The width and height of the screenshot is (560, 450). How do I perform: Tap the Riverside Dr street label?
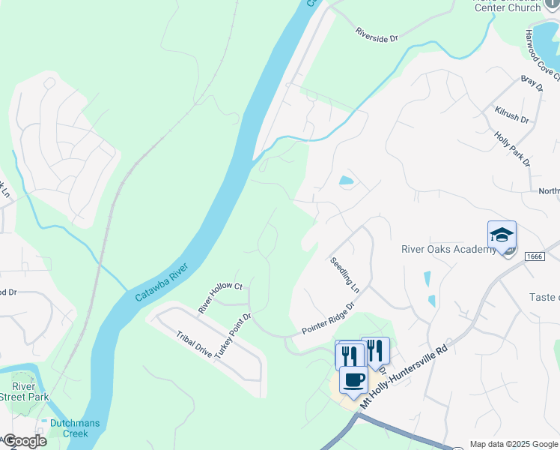[x=377, y=34]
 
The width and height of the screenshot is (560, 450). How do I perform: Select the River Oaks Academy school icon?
[x=502, y=235]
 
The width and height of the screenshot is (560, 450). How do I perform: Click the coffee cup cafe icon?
[x=353, y=379]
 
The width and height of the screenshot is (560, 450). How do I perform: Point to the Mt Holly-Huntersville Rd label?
[x=404, y=373]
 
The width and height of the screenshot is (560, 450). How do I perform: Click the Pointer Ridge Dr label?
[x=327, y=319]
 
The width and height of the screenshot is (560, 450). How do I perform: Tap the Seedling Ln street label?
[x=345, y=275]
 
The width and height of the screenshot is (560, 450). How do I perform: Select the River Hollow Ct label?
[x=220, y=298]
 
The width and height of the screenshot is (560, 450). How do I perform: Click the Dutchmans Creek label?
[x=75, y=428]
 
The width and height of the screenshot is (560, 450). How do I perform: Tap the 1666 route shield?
[x=534, y=256]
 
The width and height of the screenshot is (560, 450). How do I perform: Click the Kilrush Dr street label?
[x=511, y=115]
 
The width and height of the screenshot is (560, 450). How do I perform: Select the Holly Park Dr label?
[x=513, y=148]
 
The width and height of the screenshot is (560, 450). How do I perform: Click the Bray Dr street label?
[x=532, y=82]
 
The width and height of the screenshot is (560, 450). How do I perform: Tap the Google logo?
[x=24, y=441]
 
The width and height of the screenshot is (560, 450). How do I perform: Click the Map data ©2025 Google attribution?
[x=514, y=444]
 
